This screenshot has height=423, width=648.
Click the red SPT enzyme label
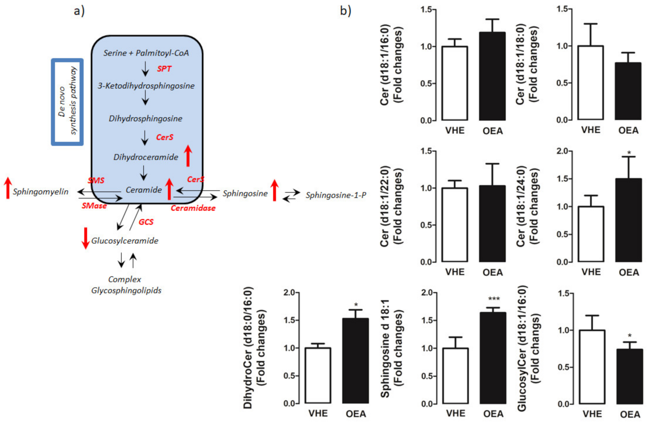[x=164, y=69]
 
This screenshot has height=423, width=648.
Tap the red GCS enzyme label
[x=146, y=222]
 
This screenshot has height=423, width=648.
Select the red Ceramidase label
[x=193, y=208]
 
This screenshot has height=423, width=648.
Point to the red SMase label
[x=94, y=206]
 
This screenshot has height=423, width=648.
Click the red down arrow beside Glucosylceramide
[x=85, y=238]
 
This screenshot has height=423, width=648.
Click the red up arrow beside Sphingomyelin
[x=8, y=188]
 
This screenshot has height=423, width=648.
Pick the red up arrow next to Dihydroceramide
[x=188, y=156]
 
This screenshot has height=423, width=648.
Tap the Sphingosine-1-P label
[x=336, y=195]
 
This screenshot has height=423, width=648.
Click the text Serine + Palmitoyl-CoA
[x=146, y=53]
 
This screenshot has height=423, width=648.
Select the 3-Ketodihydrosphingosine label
[x=146, y=86]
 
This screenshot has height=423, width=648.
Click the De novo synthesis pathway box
[x=67, y=102]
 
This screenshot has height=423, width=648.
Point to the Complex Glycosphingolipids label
[x=126, y=285]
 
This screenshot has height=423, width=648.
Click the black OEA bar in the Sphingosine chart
[x=493, y=358]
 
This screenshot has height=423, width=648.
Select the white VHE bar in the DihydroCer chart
[x=318, y=375]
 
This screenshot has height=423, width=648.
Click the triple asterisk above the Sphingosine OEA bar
[x=494, y=299]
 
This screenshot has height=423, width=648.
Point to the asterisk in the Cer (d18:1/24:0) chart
[x=629, y=153]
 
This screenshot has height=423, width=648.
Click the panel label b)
[x=345, y=11]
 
